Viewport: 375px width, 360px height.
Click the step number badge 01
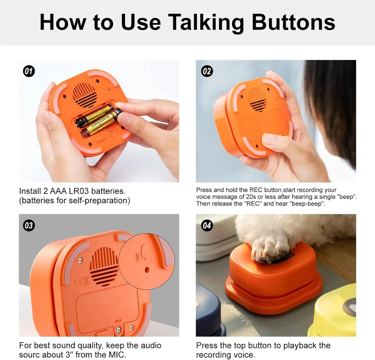[x=29, y=71]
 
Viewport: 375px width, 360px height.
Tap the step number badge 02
[x=207, y=71]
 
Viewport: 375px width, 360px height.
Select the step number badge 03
[x=29, y=225]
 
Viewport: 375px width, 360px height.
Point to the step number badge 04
[x=207, y=225]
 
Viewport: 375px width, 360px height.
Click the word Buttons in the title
[x=294, y=22]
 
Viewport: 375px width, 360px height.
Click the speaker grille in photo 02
[x=257, y=99]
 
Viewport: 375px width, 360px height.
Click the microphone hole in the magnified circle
[x=147, y=269]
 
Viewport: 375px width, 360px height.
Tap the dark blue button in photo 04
[x=208, y=313]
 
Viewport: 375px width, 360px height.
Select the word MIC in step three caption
[x=117, y=355]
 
